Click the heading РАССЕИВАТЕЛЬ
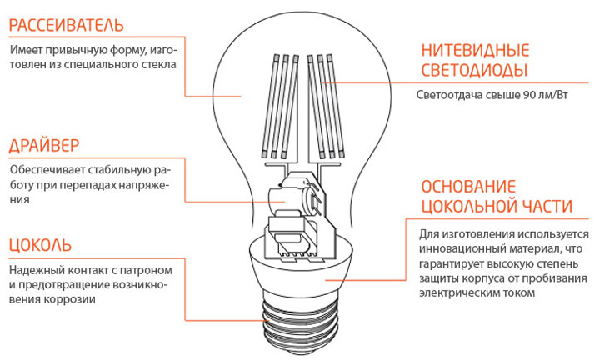tap(66, 25)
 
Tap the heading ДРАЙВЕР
tap(44, 146)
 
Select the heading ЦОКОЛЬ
tap(40, 245)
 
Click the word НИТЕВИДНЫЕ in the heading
tap(475, 51)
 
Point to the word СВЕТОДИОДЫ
tap(474, 70)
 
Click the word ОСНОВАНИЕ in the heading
tap(468, 187)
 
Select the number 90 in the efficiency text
tap(529, 95)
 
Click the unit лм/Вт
tap(553, 95)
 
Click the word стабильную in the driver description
tap(119, 169)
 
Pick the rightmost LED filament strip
tap(337, 107)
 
